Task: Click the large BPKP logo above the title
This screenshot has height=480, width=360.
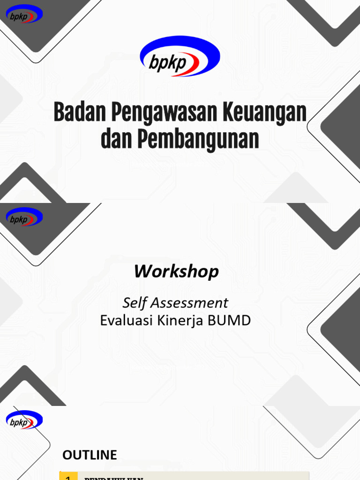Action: pyautogui.click(x=180, y=57)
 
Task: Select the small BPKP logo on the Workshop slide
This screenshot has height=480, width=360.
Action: pyautogui.click(x=24, y=217)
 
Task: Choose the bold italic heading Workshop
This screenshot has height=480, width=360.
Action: pyautogui.click(x=176, y=271)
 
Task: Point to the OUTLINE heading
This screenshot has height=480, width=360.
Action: pyautogui.click(x=90, y=455)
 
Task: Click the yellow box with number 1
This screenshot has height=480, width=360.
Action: pyautogui.click(x=68, y=475)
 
